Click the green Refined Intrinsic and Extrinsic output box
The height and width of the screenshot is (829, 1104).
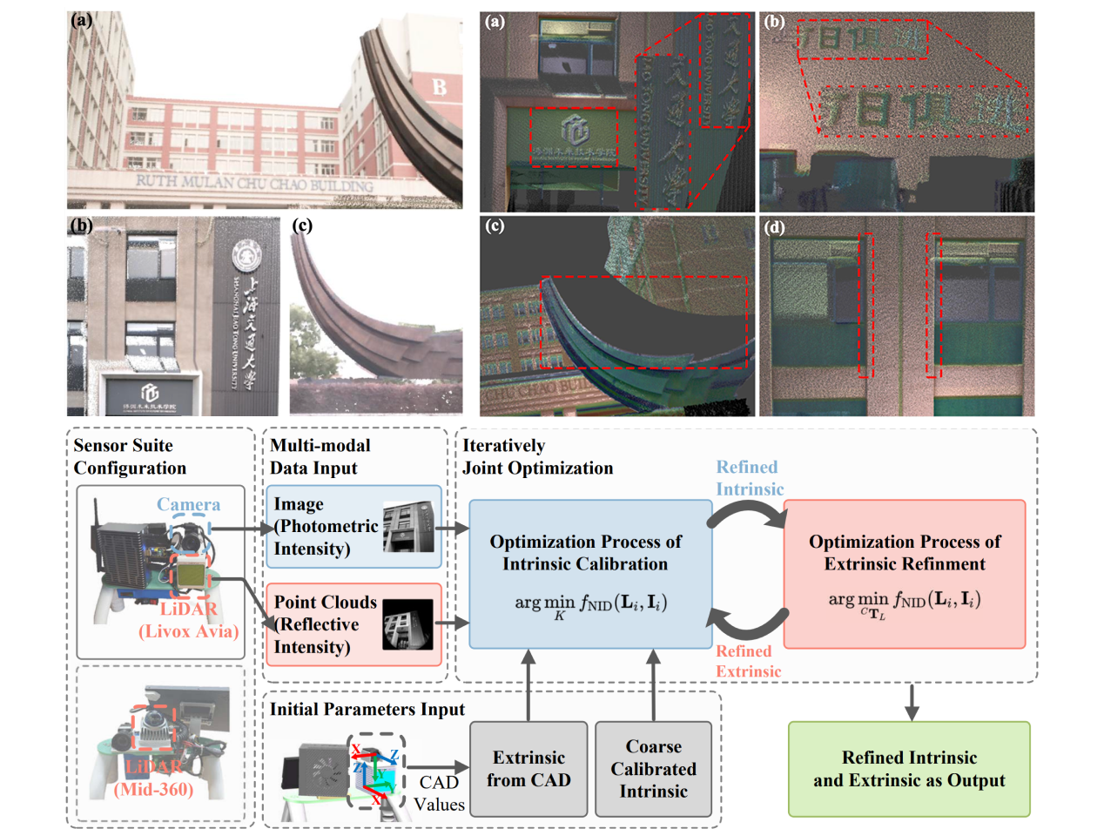908,768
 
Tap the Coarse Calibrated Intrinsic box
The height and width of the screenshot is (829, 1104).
653,768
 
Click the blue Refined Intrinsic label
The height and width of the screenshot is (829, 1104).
747,477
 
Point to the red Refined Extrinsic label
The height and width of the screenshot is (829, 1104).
744,661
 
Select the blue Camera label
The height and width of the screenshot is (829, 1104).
188,504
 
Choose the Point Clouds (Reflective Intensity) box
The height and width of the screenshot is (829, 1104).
353,623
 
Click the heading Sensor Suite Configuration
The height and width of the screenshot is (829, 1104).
130,456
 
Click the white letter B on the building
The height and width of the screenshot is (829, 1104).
439,85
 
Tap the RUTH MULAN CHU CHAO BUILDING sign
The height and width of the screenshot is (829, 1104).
255,184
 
